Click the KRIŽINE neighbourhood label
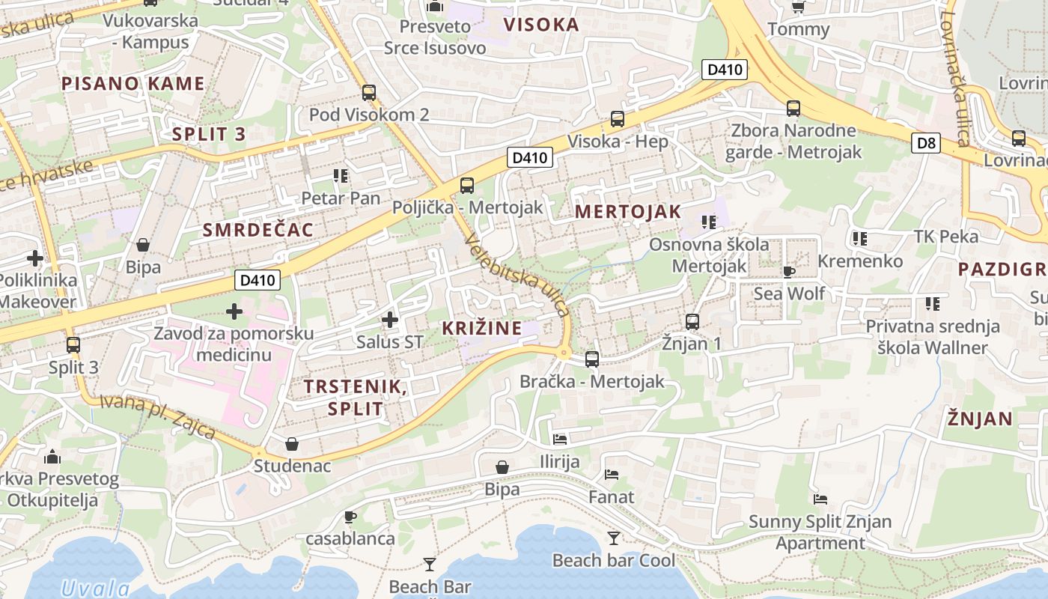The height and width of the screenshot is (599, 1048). [481, 328]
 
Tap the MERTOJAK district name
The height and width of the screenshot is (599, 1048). [628, 212]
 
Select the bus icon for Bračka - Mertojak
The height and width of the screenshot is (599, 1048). [592, 359]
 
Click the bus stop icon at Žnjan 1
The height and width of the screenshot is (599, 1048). [692, 322]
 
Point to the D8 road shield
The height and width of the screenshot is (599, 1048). [926, 142]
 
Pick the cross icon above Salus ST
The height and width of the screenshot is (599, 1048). [389, 320]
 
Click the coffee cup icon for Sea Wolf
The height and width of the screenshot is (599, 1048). [788, 271]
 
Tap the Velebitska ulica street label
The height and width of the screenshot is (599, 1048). [517, 276]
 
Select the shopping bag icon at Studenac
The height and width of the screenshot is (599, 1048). [292, 444]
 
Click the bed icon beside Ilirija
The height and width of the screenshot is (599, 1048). [560, 439]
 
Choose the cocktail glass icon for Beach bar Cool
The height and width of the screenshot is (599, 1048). [614, 538]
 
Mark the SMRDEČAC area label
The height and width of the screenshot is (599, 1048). [258, 230]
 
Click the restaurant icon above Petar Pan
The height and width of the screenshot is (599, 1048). [341, 176]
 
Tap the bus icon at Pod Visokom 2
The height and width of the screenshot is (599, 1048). [369, 93]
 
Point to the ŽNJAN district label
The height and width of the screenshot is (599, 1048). [979, 419]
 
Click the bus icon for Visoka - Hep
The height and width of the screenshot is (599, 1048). [618, 118]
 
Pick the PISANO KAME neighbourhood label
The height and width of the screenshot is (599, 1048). [132, 83]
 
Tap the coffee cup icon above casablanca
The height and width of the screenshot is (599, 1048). [350, 517]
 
